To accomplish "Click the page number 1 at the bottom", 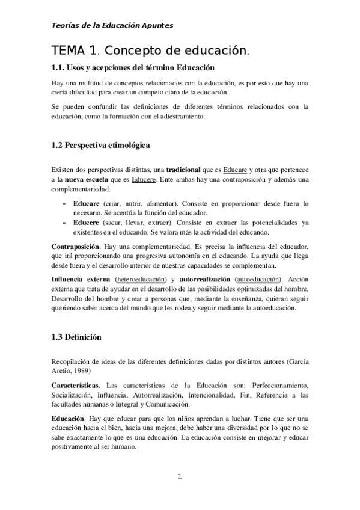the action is coord(179,478).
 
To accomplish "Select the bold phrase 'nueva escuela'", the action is coord(88,180).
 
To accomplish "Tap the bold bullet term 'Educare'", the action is coord(86,204).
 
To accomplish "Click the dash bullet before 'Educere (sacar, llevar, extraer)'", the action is coord(64,223).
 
